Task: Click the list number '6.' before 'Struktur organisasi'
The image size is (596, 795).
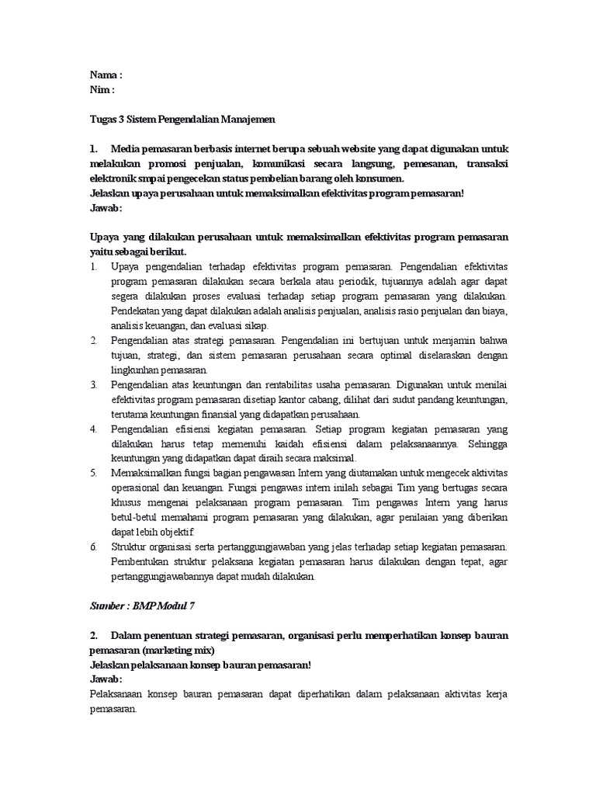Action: (x=93, y=546)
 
